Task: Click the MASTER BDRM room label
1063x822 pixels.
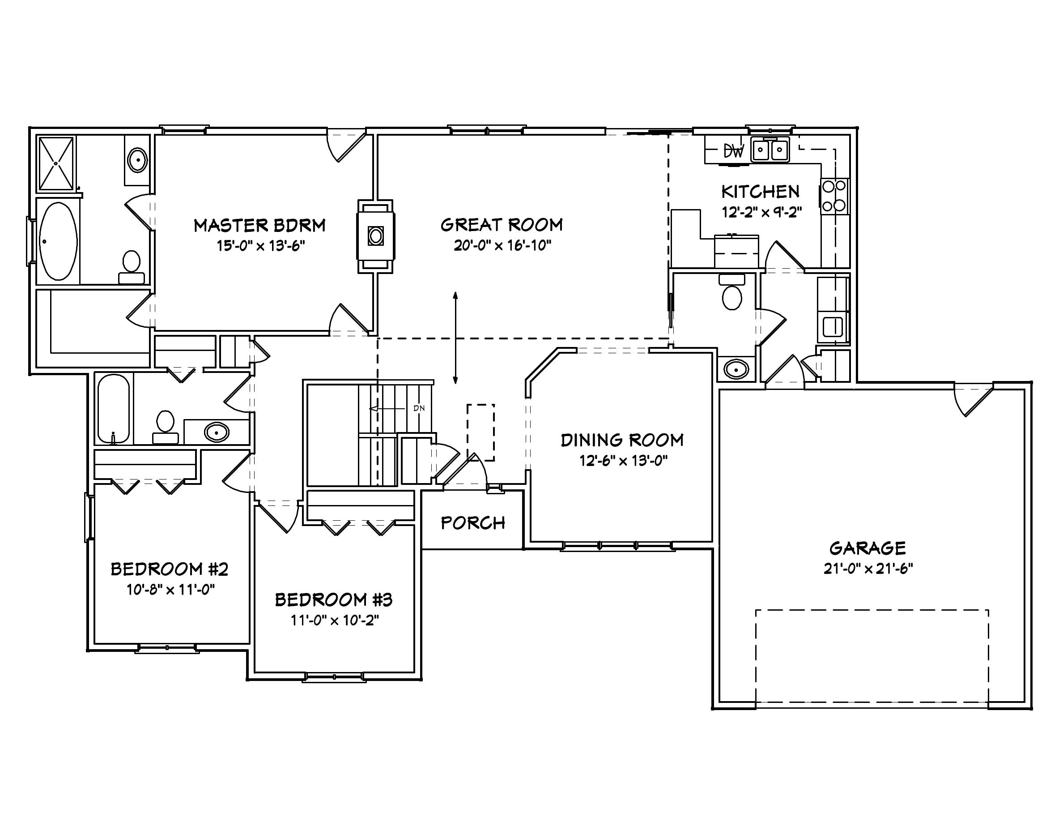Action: click(x=259, y=226)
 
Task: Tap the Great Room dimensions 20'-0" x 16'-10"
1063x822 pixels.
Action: click(x=502, y=245)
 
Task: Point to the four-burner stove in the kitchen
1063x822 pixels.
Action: click(x=834, y=196)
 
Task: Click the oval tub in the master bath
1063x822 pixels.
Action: click(x=58, y=241)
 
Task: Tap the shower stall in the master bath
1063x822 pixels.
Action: click(x=57, y=163)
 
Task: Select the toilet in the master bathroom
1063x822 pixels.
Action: click(x=132, y=267)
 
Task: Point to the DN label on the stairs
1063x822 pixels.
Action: click(x=419, y=408)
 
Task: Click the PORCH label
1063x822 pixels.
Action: click(x=472, y=523)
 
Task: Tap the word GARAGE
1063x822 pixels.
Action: click(x=867, y=548)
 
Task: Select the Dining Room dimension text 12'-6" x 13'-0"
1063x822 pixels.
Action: click(x=623, y=461)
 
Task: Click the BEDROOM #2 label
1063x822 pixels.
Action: click(x=170, y=569)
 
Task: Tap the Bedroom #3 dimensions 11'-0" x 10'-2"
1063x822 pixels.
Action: click(x=334, y=621)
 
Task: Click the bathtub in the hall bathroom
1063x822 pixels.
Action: click(x=113, y=408)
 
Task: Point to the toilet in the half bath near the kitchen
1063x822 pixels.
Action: click(x=732, y=293)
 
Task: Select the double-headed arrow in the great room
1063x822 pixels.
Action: click(x=455, y=338)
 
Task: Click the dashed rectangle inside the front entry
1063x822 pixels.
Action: click(x=481, y=432)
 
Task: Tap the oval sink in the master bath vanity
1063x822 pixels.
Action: click(x=137, y=159)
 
